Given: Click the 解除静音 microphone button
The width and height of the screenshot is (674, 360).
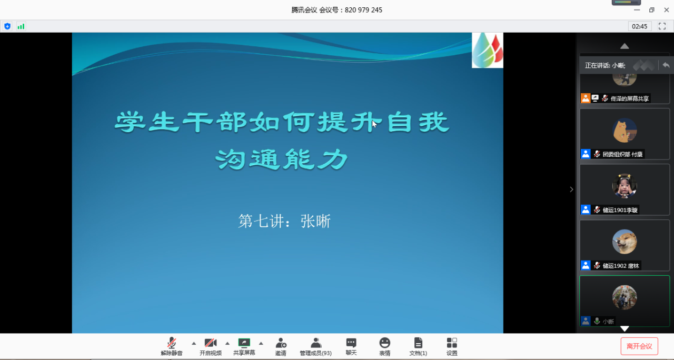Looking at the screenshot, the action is coord(172,346).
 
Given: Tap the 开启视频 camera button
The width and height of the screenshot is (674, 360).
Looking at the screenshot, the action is coord(210,346).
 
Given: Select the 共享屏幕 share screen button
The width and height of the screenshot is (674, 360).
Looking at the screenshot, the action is coord(244,346).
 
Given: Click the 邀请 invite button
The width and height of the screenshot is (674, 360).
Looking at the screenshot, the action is coord(281,346).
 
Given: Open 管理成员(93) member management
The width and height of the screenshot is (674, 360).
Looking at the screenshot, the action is coord(315,346).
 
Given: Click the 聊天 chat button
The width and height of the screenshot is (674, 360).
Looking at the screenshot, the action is coord(351,346).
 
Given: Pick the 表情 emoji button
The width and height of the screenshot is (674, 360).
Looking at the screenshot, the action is coord(384,346).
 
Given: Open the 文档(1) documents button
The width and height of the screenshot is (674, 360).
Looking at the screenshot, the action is coord(418,346).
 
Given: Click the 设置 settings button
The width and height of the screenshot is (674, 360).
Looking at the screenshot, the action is coord(452,346).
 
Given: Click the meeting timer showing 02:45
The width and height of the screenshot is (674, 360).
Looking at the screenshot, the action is coord(639,26).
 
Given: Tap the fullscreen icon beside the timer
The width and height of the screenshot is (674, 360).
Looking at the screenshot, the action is coord(662,26).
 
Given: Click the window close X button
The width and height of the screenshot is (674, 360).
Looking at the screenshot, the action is coord(667,10).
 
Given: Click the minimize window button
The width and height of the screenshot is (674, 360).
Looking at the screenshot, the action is coord(637,10).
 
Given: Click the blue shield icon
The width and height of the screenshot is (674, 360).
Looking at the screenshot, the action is coord(7,26).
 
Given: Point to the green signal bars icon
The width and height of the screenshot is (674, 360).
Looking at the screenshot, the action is coord(21,26).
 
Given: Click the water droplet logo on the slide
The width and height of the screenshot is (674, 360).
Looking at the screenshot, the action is coord(488,50).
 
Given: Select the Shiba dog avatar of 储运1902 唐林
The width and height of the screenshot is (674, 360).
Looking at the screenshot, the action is coord(625,242).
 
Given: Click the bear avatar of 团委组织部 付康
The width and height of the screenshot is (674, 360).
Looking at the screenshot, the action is coord(625,130).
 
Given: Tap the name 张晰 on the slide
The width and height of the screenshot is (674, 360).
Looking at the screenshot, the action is coord(315,222).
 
